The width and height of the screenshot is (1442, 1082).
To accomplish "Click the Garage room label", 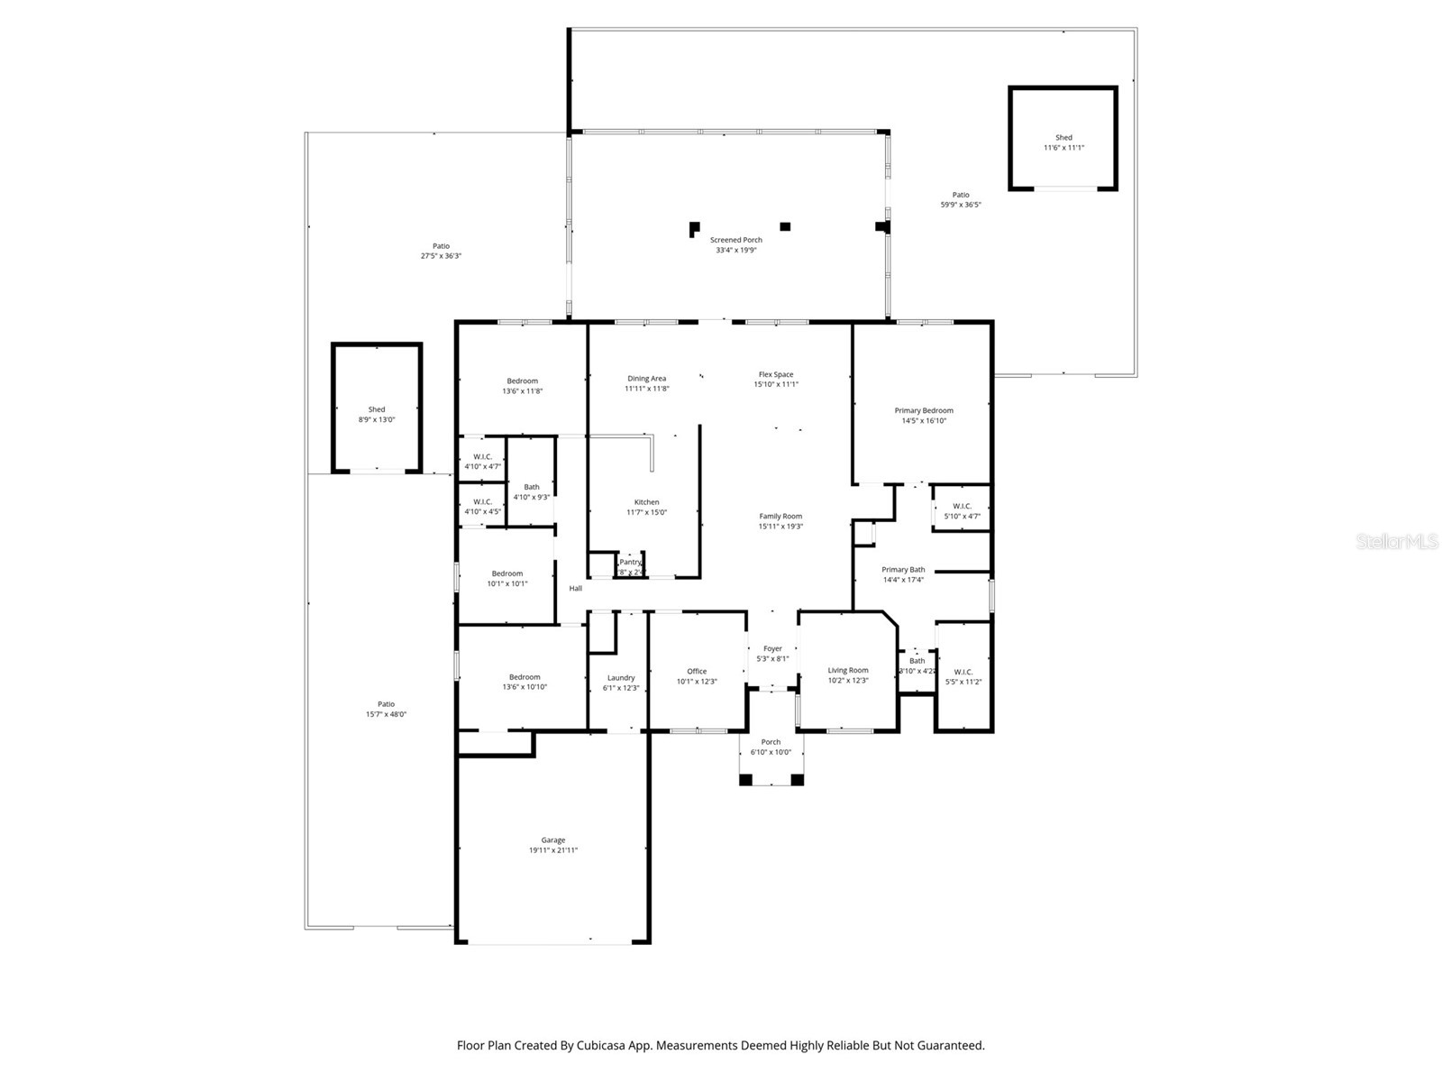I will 552,839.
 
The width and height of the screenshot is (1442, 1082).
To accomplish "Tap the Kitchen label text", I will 646,502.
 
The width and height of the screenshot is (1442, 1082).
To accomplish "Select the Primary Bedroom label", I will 924,410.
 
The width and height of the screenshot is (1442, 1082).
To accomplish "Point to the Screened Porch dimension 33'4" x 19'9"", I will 735,250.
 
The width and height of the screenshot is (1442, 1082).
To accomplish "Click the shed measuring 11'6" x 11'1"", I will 1063,142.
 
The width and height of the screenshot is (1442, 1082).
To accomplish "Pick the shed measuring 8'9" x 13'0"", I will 377,414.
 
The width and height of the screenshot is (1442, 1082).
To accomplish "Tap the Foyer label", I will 772,648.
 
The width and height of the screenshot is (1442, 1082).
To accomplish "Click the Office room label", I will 697,671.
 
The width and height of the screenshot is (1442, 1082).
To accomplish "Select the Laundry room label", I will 621,677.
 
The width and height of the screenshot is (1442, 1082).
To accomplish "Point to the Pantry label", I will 630,562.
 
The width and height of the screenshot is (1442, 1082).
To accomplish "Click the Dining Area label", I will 646,378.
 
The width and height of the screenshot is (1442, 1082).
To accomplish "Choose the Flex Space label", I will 775,374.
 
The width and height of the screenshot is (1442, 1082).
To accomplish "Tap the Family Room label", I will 780,516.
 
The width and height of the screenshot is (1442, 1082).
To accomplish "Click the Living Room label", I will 847,670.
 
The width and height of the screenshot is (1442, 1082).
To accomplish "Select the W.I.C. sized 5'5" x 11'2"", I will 963,676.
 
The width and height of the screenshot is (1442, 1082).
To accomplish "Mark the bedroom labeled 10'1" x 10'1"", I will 507,578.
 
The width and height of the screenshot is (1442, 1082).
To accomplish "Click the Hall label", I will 575,588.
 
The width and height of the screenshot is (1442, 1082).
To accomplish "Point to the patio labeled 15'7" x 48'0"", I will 386,709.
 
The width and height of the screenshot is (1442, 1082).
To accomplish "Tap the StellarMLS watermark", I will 1397,541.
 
